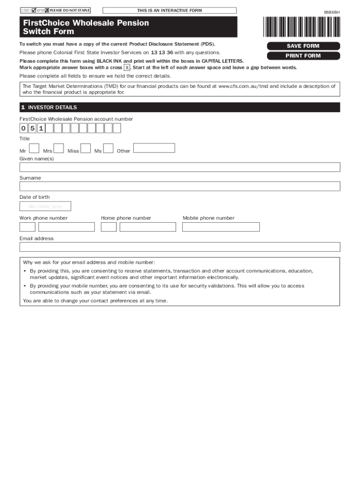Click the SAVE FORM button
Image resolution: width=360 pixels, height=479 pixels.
click(x=303, y=46)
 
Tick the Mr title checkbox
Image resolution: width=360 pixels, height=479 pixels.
click(x=34, y=148)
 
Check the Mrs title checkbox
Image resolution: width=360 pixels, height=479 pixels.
click(x=58, y=148)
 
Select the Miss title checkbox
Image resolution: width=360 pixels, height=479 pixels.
click(x=86, y=148)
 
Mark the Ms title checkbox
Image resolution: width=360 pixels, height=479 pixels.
click(x=108, y=148)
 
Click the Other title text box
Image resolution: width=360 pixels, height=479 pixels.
click(x=154, y=148)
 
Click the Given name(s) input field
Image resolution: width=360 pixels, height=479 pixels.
click(x=180, y=167)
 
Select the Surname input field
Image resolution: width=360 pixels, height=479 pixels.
click(x=180, y=186)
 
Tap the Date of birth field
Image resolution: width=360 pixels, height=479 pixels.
click(x=45, y=206)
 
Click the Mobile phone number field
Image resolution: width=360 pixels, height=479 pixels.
click(x=221, y=227)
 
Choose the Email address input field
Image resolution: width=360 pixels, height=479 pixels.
click(x=180, y=247)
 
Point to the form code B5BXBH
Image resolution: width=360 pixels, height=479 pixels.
click(x=332, y=13)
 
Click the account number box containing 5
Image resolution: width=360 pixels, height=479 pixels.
click(x=32, y=128)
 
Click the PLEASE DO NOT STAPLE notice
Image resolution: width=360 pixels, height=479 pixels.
click(x=69, y=10)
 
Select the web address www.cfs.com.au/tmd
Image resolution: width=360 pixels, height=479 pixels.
click(x=243, y=87)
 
